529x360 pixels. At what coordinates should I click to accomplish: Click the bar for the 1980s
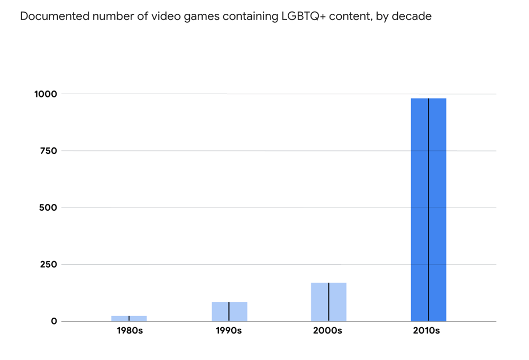(x=129, y=318)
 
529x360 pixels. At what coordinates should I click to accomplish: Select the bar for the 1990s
(x=229, y=311)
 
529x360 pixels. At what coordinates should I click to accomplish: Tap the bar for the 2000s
(x=329, y=302)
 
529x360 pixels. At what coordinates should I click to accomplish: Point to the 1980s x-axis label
(x=130, y=331)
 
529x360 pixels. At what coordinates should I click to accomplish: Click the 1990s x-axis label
(x=229, y=331)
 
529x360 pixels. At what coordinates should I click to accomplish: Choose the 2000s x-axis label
(x=329, y=331)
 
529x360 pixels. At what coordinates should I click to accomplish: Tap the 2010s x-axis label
(x=427, y=331)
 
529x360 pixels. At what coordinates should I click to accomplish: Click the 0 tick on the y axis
(x=54, y=321)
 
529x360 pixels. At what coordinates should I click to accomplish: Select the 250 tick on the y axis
(x=48, y=265)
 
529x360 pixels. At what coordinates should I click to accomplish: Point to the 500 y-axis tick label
(x=48, y=208)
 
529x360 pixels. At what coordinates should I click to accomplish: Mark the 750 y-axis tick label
(x=48, y=151)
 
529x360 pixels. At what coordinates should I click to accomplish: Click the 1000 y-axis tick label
(x=46, y=94)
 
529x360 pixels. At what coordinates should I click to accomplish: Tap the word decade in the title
(x=413, y=16)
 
